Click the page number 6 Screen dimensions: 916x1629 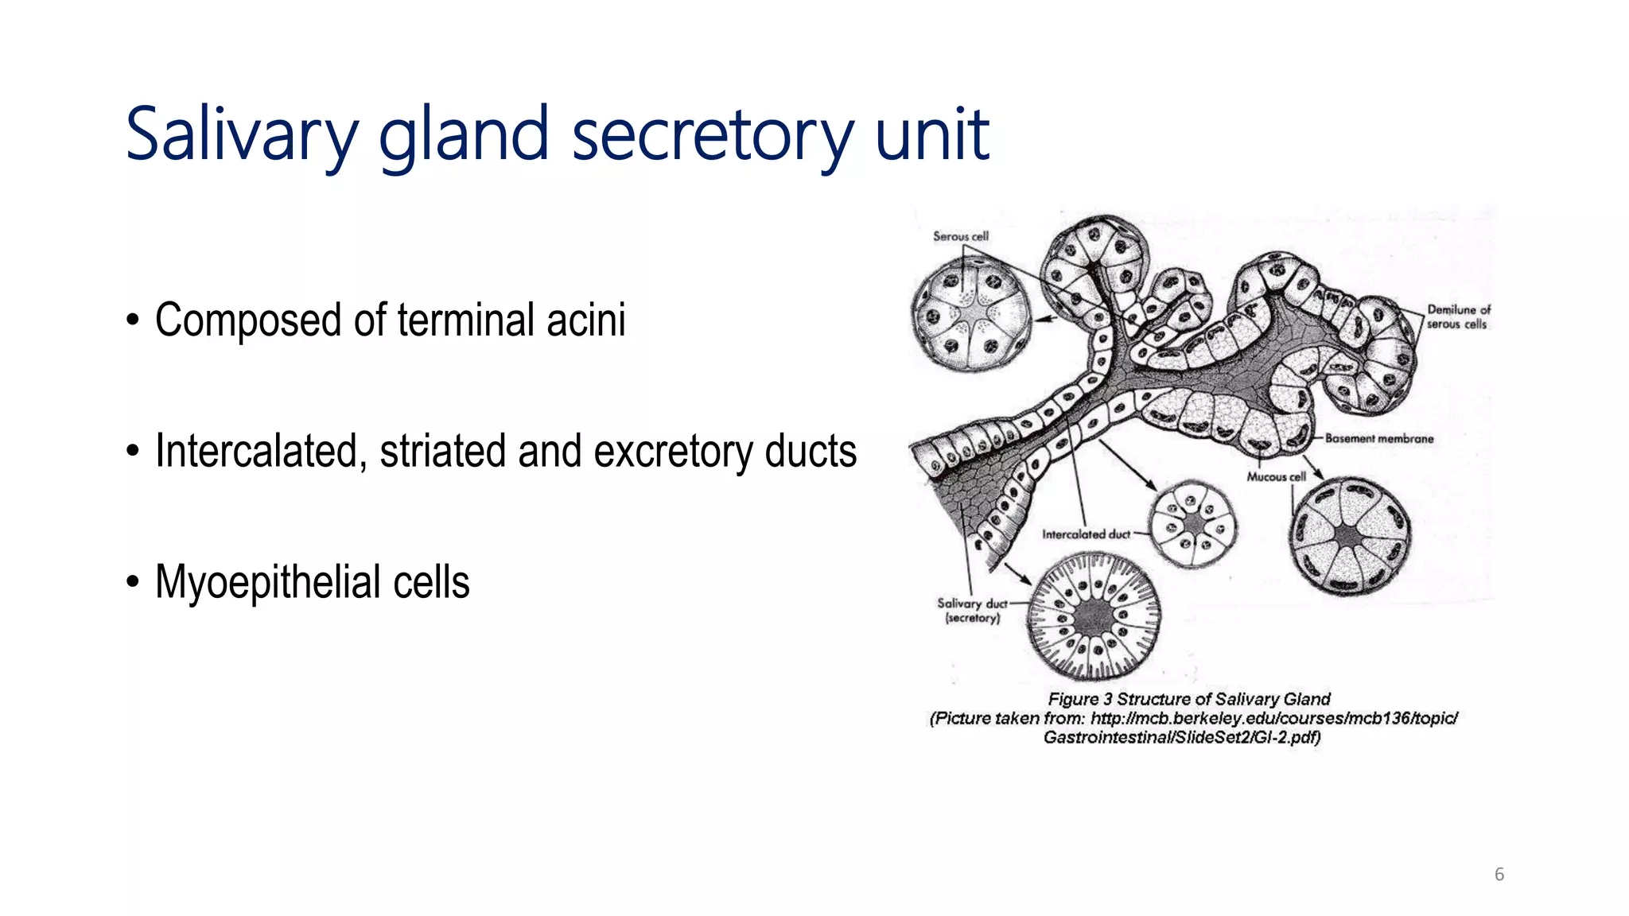(x=1499, y=875)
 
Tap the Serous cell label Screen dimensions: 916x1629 (x=960, y=236)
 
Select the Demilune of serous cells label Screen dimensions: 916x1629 (x=1457, y=316)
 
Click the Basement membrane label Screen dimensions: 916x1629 (x=1378, y=438)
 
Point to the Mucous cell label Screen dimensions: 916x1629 (x=1276, y=476)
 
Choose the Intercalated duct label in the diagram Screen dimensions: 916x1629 (x=1086, y=534)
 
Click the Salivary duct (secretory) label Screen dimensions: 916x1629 (x=972, y=610)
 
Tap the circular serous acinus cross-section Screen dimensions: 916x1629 (x=970, y=313)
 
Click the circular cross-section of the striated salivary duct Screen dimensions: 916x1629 (x=1094, y=616)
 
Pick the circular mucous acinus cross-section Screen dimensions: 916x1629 (x=1349, y=536)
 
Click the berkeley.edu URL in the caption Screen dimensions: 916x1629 (x=1273, y=718)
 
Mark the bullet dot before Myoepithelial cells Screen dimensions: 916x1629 (x=133, y=583)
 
